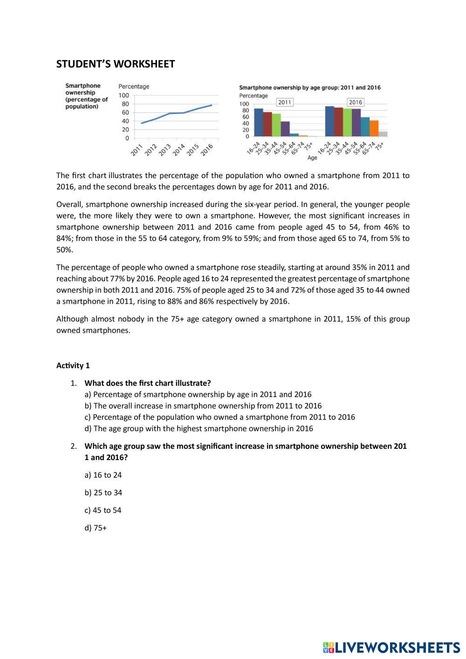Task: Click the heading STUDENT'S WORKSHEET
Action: [x=115, y=64]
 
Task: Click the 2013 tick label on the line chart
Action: [x=164, y=149]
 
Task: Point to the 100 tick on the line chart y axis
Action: [x=124, y=95]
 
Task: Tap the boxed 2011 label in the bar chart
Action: [x=284, y=102]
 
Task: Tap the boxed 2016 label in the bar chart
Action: [x=355, y=102]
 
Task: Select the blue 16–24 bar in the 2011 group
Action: [x=258, y=123]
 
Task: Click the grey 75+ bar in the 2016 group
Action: [x=383, y=134]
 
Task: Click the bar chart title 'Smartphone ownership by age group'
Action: [x=309, y=87]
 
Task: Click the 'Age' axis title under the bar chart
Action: [x=312, y=158]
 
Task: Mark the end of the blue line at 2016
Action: [x=212, y=105]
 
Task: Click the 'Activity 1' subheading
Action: [x=73, y=365]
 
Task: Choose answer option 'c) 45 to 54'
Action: [x=103, y=510]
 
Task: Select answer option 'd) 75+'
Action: [x=96, y=528]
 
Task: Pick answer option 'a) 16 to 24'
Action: [x=103, y=475]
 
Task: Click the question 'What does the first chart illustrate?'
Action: [x=148, y=383]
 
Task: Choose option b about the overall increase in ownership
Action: [x=203, y=406]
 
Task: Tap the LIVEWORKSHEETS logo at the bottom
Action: [x=391, y=647]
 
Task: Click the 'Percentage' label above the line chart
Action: [x=134, y=86]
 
